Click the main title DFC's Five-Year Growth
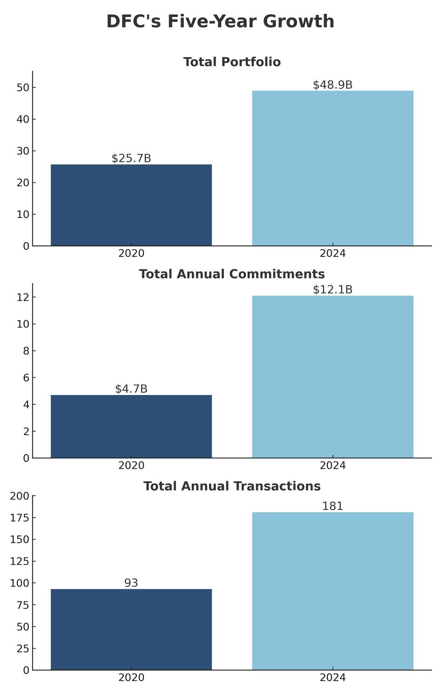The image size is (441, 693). click(220, 22)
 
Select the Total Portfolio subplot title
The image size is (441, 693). click(232, 62)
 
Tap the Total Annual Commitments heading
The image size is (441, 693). click(232, 274)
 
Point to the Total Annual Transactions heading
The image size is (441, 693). click(232, 486)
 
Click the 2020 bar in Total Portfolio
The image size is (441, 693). click(131, 205)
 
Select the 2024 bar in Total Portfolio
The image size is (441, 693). click(332, 168)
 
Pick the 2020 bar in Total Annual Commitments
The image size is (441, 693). click(131, 426)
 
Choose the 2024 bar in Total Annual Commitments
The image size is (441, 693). click(332, 377)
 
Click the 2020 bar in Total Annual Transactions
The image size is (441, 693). click(131, 629)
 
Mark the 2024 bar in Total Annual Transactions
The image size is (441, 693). click(332, 591)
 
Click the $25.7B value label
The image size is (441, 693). click(131, 159)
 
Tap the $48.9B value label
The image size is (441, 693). click(332, 85)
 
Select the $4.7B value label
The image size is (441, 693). click(131, 389)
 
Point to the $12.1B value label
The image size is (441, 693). click(332, 290)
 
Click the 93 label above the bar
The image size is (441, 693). click(131, 583)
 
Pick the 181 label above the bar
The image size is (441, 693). click(332, 506)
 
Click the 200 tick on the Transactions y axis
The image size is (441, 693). click(19, 496)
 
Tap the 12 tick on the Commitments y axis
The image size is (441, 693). click(23, 298)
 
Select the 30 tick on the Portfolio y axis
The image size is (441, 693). click(23, 151)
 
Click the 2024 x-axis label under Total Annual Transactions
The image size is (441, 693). click(332, 677)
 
